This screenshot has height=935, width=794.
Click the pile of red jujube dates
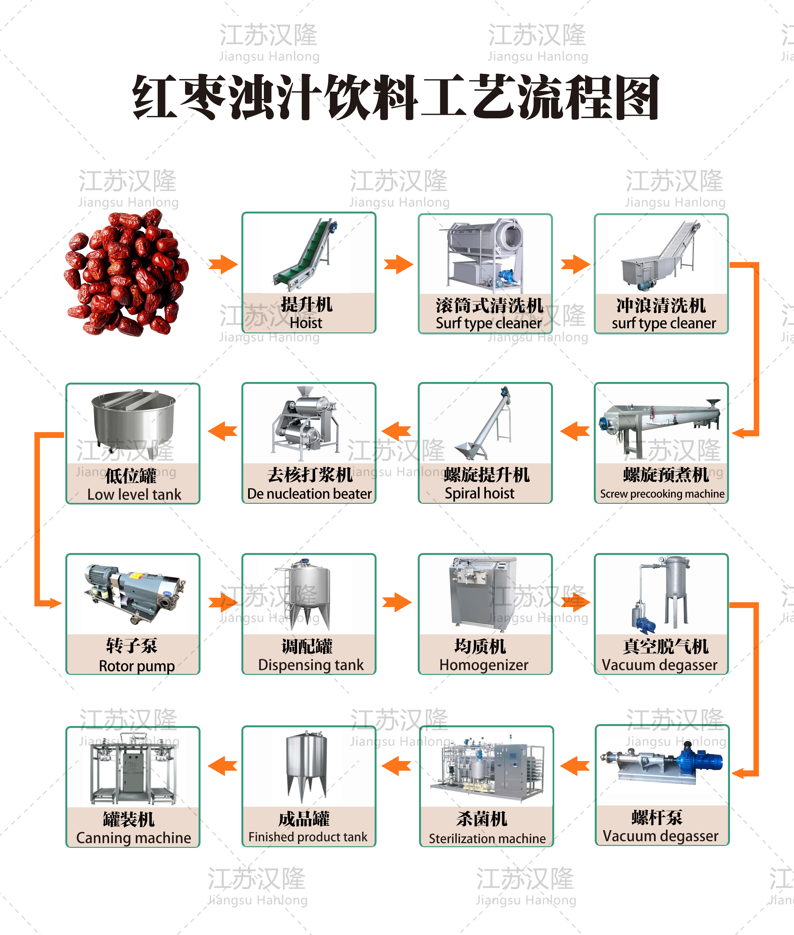[x=126, y=273]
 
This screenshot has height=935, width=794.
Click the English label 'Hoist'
[x=306, y=323]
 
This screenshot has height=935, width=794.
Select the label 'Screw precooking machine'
[x=662, y=494]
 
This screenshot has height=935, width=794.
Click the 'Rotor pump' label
[x=137, y=666]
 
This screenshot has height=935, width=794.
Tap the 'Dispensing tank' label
[x=311, y=665]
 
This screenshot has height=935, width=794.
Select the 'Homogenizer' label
[x=484, y=665]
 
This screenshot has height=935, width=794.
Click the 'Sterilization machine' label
[x=487, y=838]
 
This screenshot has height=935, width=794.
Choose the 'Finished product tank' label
[x=308, y=837]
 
